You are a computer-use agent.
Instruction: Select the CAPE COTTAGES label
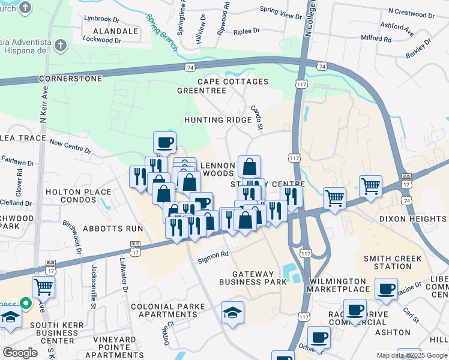tap(234, 82)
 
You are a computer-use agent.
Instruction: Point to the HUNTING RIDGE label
tap(218, 120)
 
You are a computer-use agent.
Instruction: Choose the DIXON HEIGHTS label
tap(414, 219)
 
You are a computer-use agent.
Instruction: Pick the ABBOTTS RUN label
tap(113, 229)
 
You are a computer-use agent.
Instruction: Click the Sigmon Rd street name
tap(214, 254)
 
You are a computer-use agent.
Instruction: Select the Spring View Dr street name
tap(280, 10)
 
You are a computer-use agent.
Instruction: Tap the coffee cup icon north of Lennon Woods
tap(164, 142)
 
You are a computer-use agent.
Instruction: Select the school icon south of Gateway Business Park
tap(232, 312)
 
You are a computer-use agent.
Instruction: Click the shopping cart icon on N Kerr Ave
tap(43, 286)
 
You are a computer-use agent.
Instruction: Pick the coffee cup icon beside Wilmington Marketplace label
tap(386, 288)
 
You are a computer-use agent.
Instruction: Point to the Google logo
tap(20, 353)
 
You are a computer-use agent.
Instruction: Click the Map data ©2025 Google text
tap(411, 355)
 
